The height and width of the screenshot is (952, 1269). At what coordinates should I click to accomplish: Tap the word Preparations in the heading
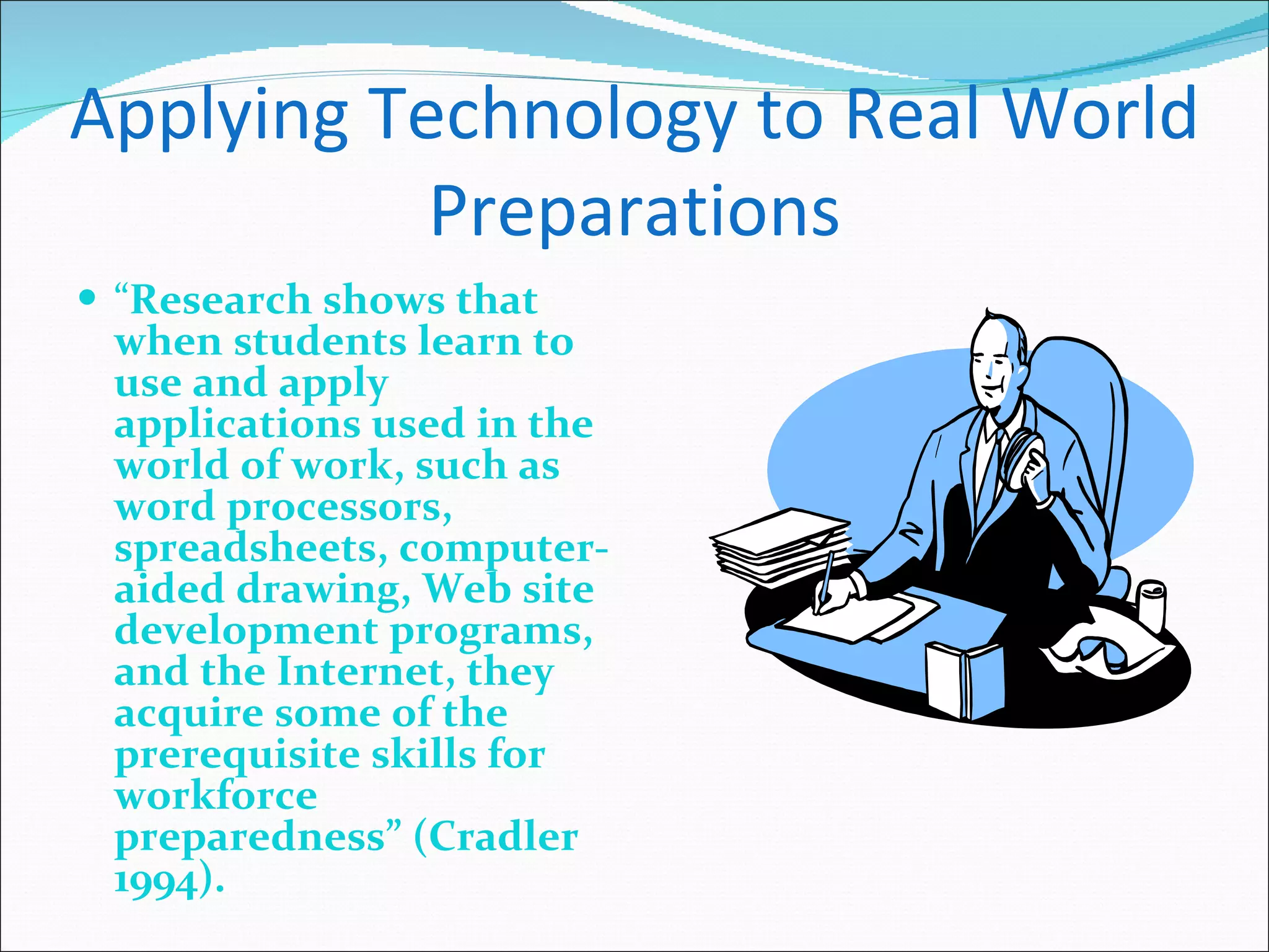[634, 211]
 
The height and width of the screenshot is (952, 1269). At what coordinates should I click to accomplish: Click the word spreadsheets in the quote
[251, 549]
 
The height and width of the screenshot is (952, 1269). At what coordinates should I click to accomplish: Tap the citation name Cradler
[502, 837]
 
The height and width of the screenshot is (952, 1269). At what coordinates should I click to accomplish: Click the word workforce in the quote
[216, 796]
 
